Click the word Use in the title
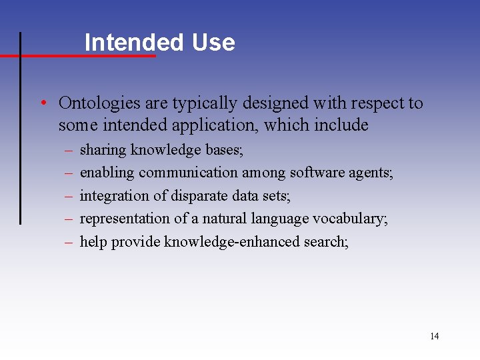[213, 43]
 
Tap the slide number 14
[435, 336]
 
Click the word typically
[203, 103]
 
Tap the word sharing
[103, 150]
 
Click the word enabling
[107, 173]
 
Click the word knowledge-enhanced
[231, 241]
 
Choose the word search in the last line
[325, 241]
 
